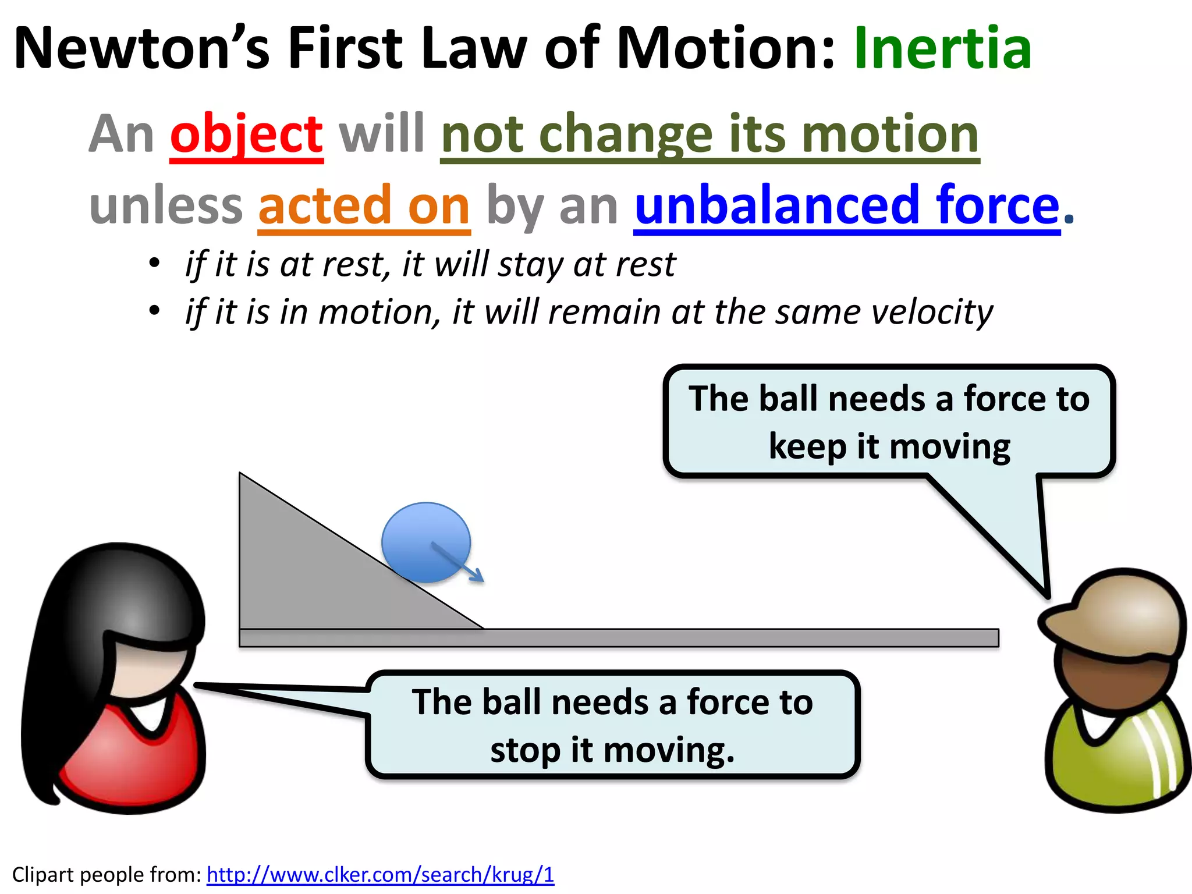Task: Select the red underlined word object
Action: (x=246, y=134)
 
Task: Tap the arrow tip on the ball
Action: (x=481, y=579)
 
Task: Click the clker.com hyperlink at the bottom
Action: (x=380, y=874)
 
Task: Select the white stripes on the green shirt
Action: (x=1155, y=757)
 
